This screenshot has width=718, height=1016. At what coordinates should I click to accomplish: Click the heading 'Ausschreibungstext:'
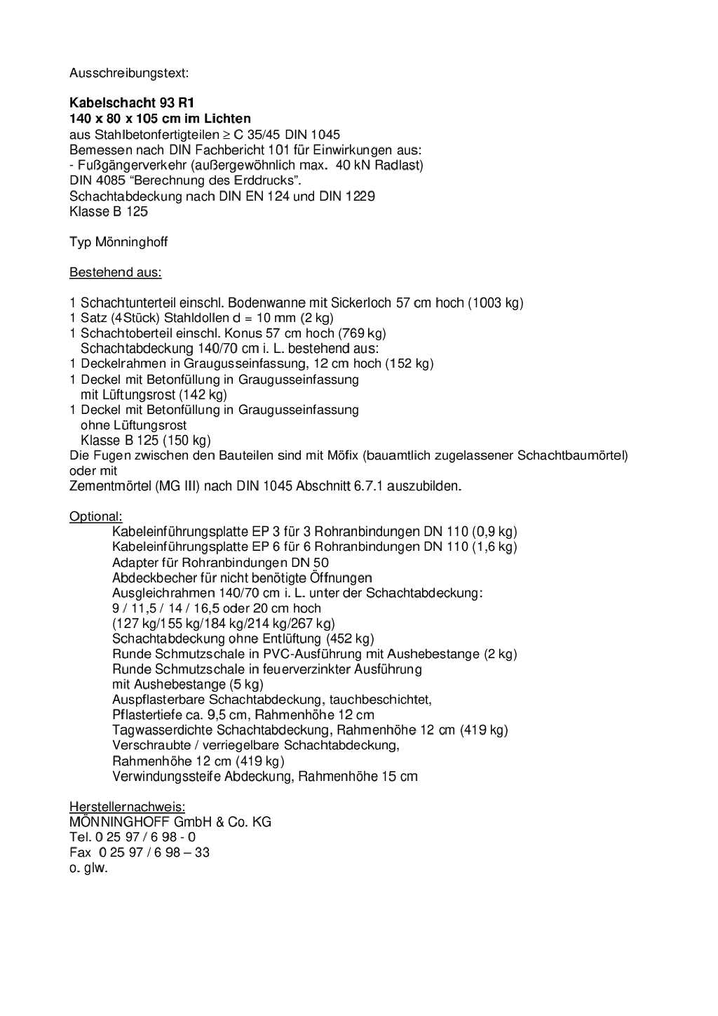click(x=129, y=72)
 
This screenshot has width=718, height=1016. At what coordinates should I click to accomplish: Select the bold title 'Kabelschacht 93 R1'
click(x=132, y=102)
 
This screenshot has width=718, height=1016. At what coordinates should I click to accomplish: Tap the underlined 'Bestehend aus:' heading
click(x=115, y=272)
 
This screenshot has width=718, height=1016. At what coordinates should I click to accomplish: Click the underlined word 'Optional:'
click(x=95, y=516)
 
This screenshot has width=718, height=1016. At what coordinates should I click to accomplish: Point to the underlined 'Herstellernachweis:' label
click(x=127, y=806)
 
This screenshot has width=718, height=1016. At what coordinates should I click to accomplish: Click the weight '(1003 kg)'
click(x=496, y=303)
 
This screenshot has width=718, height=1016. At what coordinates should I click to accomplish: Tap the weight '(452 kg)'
click(x=350, y=639)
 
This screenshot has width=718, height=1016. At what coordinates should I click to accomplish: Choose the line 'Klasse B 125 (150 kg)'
click(x=146, y=441)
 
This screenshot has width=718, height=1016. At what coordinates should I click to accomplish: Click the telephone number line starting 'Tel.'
click(x=133, y=837)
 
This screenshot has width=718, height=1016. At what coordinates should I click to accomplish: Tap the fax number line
click(x=140, y=853)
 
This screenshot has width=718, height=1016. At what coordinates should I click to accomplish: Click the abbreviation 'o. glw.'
click(x=88, y=868)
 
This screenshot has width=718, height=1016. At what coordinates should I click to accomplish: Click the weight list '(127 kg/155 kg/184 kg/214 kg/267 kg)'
click(x=224, y=623)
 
